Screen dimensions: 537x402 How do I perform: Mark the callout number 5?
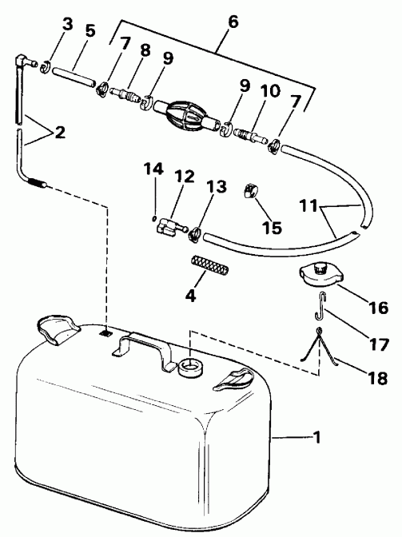pos(90,33)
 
